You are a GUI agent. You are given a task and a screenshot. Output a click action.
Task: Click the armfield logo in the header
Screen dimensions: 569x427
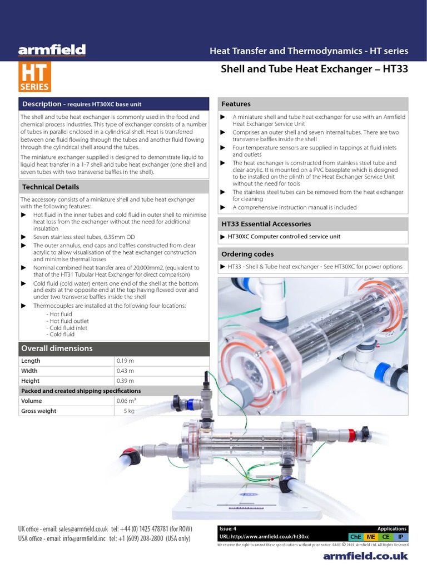click(x=52, y=51)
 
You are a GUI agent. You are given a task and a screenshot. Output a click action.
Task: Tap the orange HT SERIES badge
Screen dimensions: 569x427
click(x=34, y=77)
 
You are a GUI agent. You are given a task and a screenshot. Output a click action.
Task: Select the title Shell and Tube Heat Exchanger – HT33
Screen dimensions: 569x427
click(x=315, y=69)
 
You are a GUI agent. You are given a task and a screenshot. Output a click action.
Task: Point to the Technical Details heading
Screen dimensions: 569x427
click(x=50, y=187)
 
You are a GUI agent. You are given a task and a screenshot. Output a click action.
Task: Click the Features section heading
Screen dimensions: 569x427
click(x=236, y=104)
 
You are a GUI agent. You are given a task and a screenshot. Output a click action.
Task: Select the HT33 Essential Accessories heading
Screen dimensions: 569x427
click(x=266, y=224)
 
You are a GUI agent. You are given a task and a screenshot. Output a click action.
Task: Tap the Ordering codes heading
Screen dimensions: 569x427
click(x=247, y=254)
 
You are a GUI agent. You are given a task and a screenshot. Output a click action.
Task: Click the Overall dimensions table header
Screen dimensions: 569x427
click(x=57, y=348)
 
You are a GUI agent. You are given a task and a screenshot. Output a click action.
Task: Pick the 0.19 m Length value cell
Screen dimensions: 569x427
click(x=125, y=361)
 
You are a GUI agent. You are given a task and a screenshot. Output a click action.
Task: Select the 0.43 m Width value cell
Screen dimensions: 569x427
click(x=125, y=371)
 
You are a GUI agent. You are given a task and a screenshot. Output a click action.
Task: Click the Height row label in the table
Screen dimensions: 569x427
click(x=30, y=381)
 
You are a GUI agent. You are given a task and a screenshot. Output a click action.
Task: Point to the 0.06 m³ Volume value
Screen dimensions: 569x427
click(x=126, y=401)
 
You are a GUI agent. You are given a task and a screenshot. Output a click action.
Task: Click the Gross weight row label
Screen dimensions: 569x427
click(x=38, y=411)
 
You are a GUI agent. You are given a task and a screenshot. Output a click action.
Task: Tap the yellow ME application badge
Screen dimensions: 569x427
click(x=370, y=537)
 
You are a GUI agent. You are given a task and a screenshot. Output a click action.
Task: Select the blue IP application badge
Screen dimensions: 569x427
click(x=400, y=537)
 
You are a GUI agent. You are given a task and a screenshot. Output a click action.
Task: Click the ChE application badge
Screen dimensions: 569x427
click(x=355, y=537)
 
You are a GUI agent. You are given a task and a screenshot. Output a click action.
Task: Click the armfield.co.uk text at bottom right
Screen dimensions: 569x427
click(x=365, y=556)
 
